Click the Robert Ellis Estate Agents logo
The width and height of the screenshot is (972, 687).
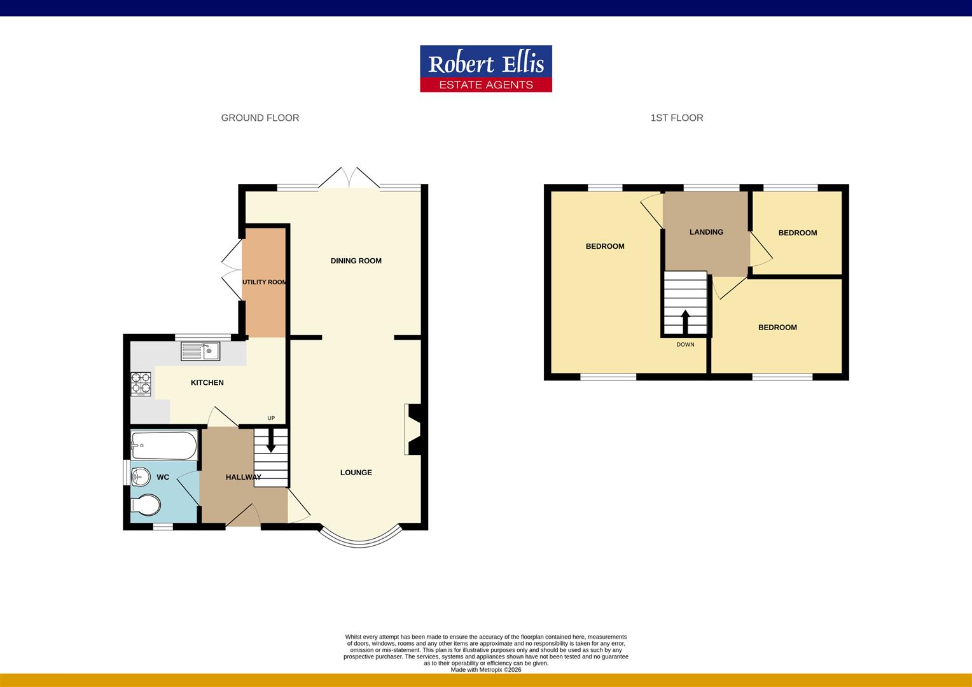click(485, 69)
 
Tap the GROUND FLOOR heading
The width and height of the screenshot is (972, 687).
click(260, 118)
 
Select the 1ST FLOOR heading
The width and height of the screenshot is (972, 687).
click(676, 118)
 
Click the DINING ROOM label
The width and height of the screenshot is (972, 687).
click(356, 261)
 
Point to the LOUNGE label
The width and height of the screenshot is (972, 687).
click(356, 473)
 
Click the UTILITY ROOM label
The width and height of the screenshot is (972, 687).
click(264, 282)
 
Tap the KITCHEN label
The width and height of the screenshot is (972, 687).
click(207, 382)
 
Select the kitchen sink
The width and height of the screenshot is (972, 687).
click(200, 350)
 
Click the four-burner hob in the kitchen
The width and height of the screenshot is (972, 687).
click(141, 384)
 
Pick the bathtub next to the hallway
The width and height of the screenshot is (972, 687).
click(164, 445)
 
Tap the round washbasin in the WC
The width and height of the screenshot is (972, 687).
click(140, 476)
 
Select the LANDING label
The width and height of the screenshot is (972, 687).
click(706, 232)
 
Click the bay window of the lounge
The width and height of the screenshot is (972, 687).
click(361, 540)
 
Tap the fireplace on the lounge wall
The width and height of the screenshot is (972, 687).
click(412, 429)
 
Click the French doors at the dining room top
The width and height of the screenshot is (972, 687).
click(349, 179)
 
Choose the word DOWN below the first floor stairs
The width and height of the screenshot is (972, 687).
click(685, 345)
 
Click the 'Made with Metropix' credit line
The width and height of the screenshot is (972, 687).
click(485, 669)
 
